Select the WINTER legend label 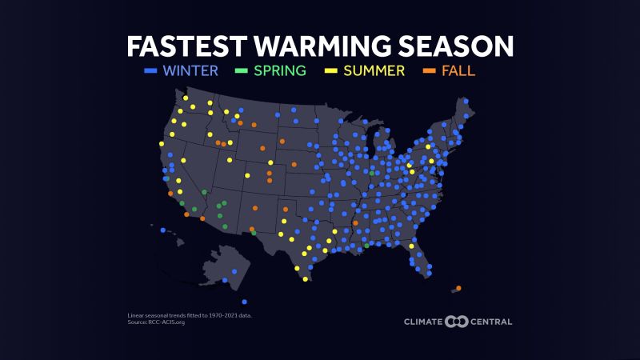click(190, 70)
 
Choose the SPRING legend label click(280, 70)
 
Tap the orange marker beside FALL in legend click(428, 71)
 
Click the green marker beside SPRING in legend click(241, 71)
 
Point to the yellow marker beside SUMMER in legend click(329, 71)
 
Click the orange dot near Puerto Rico click(458, 288)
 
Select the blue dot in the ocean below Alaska click(244, 302)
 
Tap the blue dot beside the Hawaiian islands click(162, 230)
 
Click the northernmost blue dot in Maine click(466, 101)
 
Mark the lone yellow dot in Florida click(410, 246)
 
